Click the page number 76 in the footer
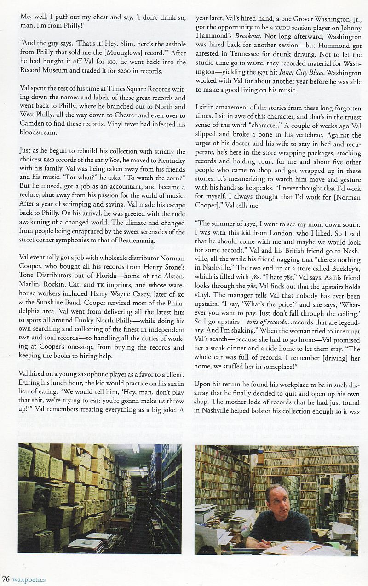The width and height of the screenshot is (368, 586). (6, 579)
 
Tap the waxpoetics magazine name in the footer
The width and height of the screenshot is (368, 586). (29, 579)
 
